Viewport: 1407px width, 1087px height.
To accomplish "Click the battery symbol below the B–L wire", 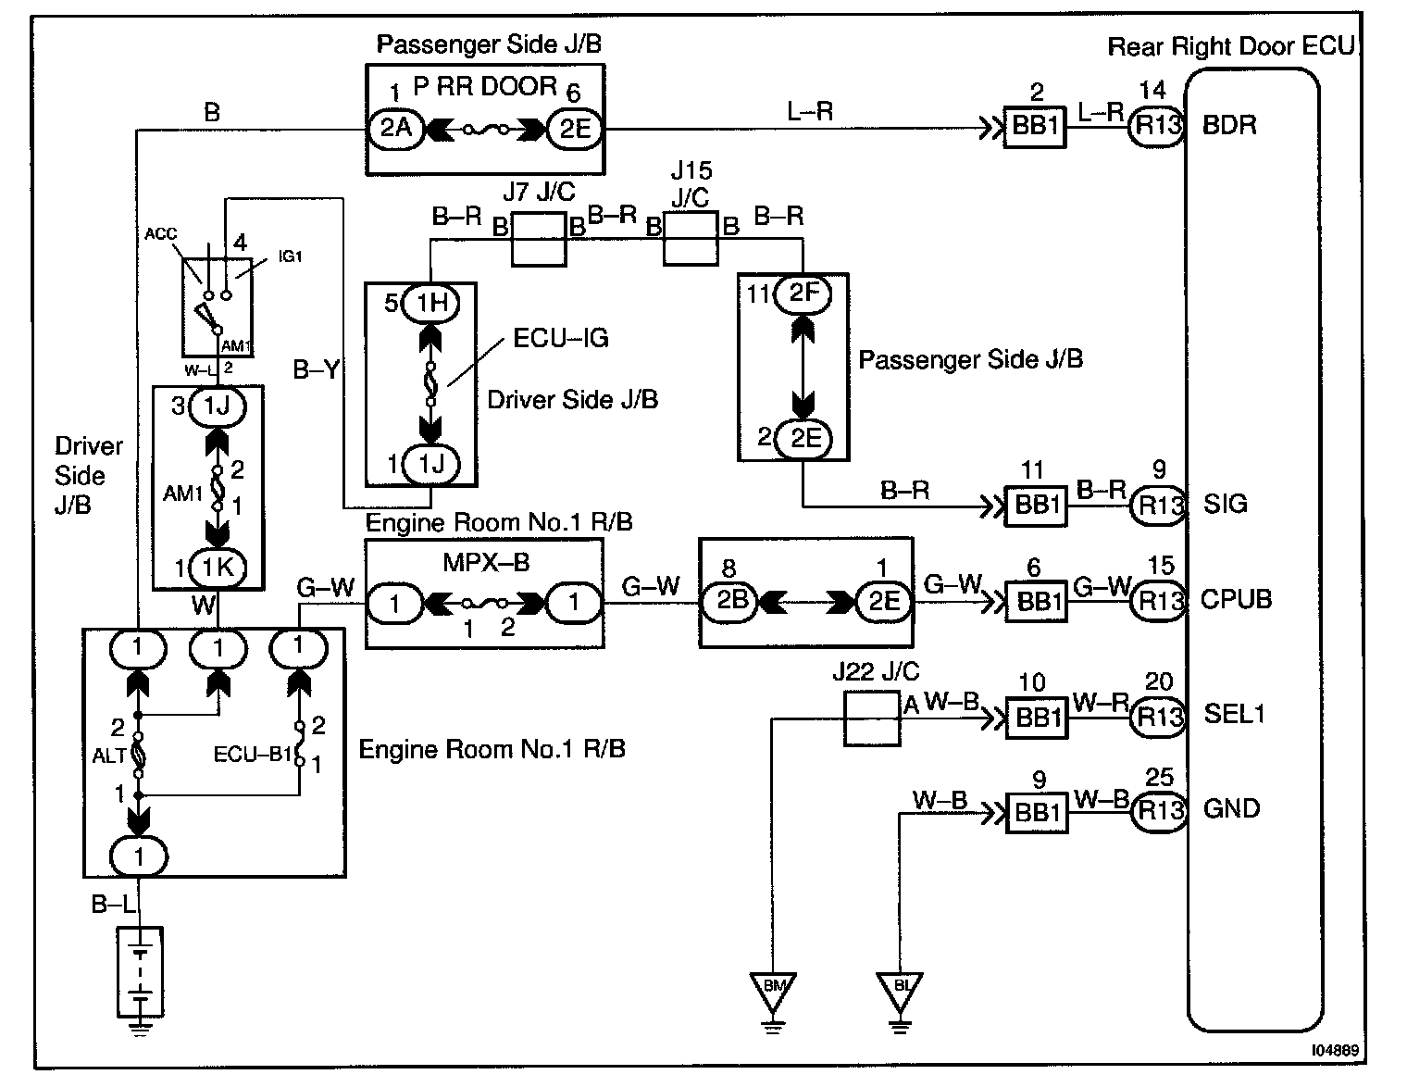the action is pyautogui.click(x=140, y=972).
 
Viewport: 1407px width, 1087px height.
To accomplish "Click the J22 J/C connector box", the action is pyautogui.click(x=872, y=718).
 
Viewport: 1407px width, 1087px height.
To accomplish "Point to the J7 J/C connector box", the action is pyautogui.click(x=539, y=239).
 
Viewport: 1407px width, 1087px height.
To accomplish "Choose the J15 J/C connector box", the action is pyautogui.click(x=691, y=238).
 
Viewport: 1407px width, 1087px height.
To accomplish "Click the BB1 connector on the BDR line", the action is pyautogui.click(x=1035, y=127).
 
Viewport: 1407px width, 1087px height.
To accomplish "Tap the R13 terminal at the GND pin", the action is pyautogui.click(x=1159, y=811).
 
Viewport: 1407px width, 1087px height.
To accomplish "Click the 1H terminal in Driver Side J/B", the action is pyautogui.click(x=431, y=303).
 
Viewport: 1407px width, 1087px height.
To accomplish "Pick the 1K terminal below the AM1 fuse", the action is pyautogui.click(x=218, y=568).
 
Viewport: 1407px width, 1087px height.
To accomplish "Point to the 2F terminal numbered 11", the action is pyautogui.click(x=803, y=294).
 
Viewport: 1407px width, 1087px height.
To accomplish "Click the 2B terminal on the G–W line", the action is pyautogui.click(x=731, y=602).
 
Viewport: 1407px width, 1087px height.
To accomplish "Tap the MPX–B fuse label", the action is pyautogui.click(x=486, y=563).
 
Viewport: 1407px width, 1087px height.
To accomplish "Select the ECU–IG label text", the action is pyautogui.click(x=561, y=338).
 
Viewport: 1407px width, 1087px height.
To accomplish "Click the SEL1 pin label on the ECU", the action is pyautogui.click(x=1234, y=714).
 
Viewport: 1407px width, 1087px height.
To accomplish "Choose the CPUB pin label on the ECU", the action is pyautogui.click(x=1236, y=599).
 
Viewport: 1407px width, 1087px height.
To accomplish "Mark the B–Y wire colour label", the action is pyautogui.click(x=316, y=369).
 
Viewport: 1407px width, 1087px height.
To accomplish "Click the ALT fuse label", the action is pyautogui.click(x=109, y=756).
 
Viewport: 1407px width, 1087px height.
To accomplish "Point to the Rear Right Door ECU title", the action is pyautogui.click(x=1231, y=46).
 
